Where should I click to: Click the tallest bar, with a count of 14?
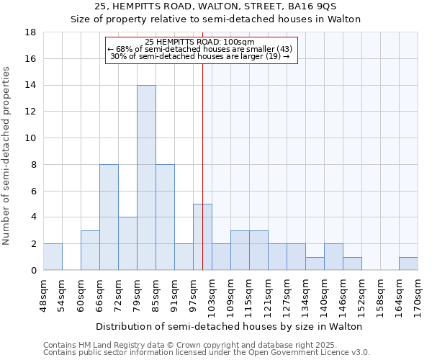(x=146, y=177)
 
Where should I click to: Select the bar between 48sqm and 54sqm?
(x=53, y=256)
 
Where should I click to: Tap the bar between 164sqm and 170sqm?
(x=408, y=264)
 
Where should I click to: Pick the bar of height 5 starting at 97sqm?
(x=202, y=237)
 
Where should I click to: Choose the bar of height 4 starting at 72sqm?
(x=127, y=243)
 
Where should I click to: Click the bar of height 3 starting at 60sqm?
(x=90, y=250)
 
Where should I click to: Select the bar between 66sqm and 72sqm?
(x=109, y=217)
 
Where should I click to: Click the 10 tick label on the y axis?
(x=31, y=138)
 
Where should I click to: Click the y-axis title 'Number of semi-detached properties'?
(x=7, y=156)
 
